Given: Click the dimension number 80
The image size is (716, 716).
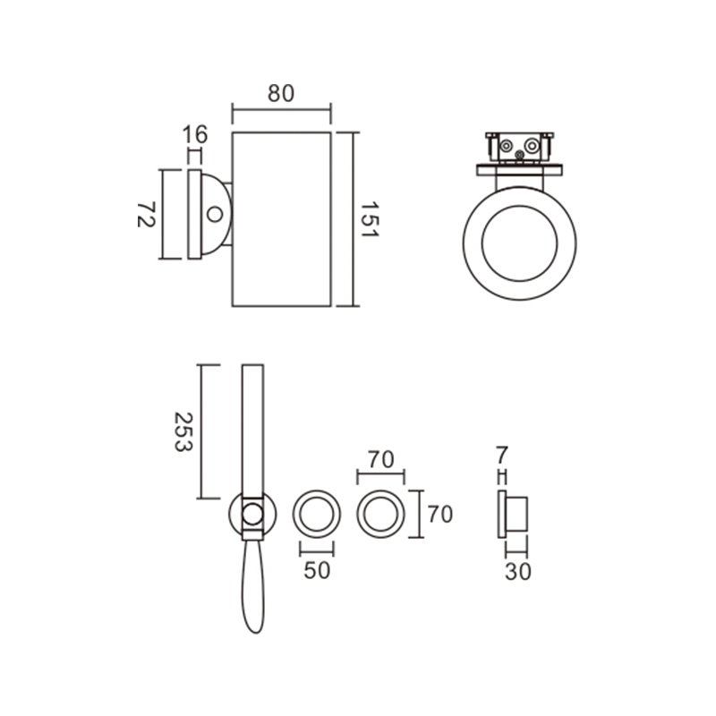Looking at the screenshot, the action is [x=281, y=94].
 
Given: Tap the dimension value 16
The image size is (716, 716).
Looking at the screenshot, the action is [x=195, y=135].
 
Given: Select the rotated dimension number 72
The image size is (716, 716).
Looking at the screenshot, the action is [x=146, y=214].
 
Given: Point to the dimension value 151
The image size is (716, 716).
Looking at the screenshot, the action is [x=370, y=219].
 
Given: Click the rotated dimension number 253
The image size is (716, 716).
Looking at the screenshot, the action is [x=184, y=432].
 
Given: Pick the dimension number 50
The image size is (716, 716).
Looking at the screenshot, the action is [x=317, y=570].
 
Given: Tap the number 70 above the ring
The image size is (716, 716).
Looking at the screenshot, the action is [x=381, y=460].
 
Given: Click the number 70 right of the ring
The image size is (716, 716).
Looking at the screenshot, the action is [x=440, y=515].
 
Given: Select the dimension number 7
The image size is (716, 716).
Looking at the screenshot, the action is [x=502, y=456].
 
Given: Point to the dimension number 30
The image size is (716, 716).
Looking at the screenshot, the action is [x=518, y=572].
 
